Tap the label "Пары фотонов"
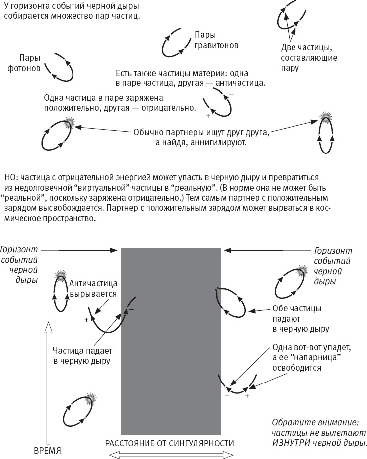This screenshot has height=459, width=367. pyautogui.click(x=27, y=62)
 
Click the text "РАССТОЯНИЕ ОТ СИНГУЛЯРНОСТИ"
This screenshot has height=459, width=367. pyautogui.click(x=169, y=443)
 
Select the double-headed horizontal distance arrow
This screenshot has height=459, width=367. pyautogui.click(x=171, y=454)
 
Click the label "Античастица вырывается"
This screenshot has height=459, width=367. pyautogui.click(x=93, y=288)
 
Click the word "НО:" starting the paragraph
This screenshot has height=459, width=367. pyautogui.click(x=10, y=177)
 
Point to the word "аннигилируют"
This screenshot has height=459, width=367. pyautogui.click(x=222, y=143)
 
